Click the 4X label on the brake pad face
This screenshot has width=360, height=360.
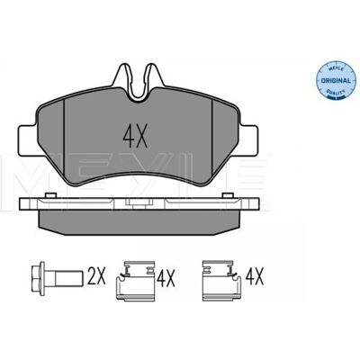135,136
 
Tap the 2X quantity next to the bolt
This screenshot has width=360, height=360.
96,276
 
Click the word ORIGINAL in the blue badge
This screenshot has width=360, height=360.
336,81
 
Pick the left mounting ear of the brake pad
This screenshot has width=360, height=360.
28,140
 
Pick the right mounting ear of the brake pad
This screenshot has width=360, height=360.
249,139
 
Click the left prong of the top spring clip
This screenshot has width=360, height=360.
122,75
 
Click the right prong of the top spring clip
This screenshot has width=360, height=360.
154,75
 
